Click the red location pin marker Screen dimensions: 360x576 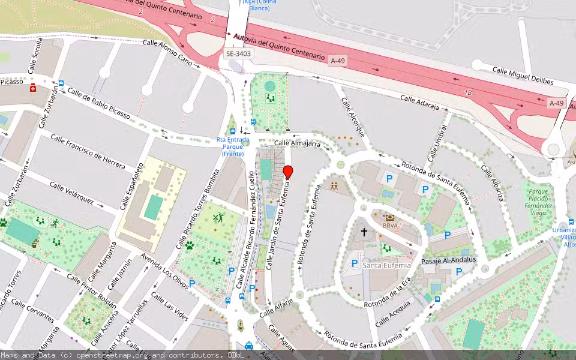click(288, 172)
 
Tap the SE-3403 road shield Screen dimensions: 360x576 click(239, 54)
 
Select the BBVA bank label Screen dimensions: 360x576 click(390, 226)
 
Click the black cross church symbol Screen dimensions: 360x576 click(364, 232)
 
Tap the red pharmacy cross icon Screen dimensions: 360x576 click(33, 88)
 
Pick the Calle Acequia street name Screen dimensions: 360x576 click(393, 313)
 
